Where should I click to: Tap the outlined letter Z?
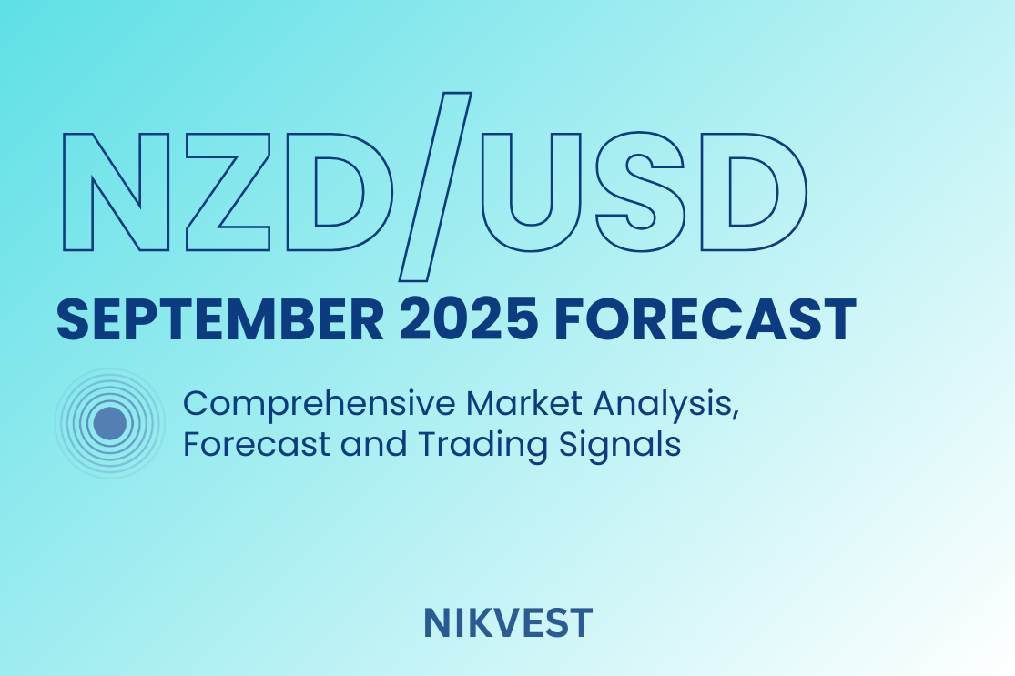point(228,191)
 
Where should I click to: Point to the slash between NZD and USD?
point(435,187)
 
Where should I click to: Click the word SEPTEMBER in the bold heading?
point(220,319)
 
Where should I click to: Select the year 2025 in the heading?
point(469,319)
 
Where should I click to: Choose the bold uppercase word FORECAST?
point(705,319)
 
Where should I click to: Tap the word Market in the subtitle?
point(523,403)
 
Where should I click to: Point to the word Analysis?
point(662,405)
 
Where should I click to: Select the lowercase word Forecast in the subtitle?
point(257,444)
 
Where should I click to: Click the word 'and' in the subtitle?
point(373,444)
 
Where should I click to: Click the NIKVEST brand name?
point(508,623)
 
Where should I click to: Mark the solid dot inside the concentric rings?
point(110,424)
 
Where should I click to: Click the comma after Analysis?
point(736,416)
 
